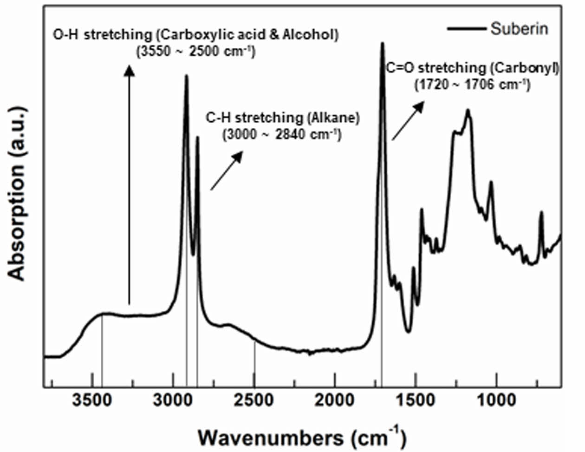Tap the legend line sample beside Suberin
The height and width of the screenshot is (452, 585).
coord(466,29)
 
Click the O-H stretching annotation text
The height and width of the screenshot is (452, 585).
coord(195,35)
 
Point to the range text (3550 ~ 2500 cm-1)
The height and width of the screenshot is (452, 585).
coord(195,51)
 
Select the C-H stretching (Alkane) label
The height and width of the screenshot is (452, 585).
coord(283,118)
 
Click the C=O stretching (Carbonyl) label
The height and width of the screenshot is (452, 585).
coord(472,68)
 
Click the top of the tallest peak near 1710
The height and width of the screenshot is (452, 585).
coord(383,44)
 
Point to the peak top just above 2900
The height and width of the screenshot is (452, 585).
coord(186,76)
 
